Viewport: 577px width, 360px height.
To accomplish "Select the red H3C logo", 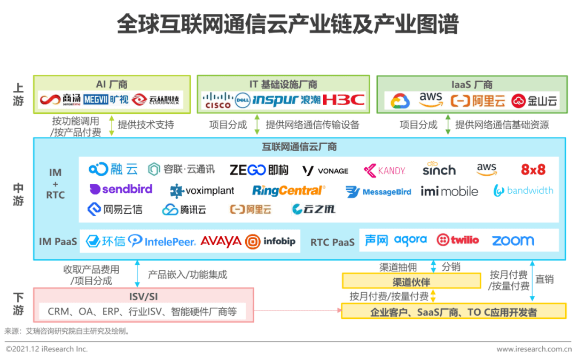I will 344,100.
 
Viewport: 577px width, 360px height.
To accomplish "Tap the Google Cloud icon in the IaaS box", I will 400,100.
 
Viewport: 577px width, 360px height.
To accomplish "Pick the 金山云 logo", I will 534,100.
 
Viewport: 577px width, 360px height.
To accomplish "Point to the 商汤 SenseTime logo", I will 60,100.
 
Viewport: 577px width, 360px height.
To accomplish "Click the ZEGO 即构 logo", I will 259,170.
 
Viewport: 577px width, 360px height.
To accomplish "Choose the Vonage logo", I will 325,170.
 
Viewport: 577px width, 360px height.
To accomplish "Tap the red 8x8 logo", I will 533,170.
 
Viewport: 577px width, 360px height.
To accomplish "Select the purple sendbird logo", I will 121,190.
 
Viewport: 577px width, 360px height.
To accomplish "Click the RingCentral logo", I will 288,191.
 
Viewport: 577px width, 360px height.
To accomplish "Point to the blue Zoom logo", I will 512,241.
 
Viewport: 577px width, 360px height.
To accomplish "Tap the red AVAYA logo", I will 221,241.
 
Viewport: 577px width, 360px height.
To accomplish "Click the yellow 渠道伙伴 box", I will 411,281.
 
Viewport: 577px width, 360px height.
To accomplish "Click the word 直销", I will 544,279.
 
